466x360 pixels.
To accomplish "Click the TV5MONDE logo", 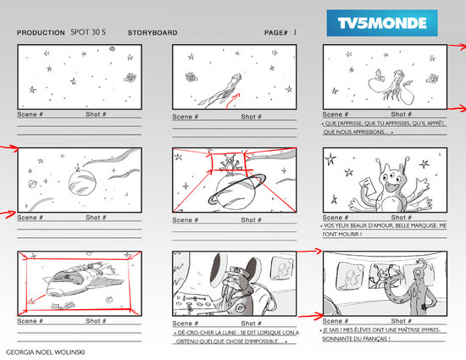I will [x=382, y=20].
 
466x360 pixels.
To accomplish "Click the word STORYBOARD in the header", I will [x=153, y=33].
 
